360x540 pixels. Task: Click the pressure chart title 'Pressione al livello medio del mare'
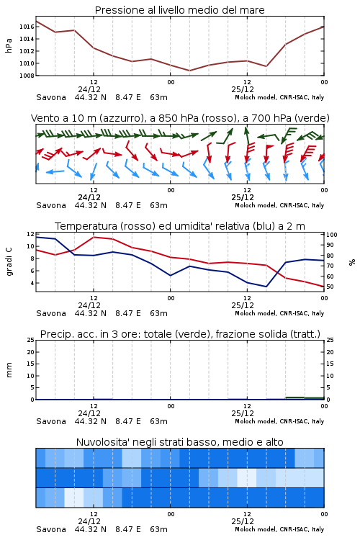click(179, 10)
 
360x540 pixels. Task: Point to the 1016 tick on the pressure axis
click(27, 27)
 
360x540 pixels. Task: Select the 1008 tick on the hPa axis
click(27, 76)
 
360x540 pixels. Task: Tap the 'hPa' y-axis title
click(9, 45)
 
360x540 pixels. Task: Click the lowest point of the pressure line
click(189, 71)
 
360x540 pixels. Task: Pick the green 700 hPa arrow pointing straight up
click(247, 135)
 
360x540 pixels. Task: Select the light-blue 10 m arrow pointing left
click(55, 171)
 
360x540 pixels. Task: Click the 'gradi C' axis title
click(9, 262)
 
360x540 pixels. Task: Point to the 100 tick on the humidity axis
click(332, 235)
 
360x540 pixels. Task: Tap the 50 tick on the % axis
click(330, 287)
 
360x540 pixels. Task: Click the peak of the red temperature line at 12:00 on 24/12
click(94, 237)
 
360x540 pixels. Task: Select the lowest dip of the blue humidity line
click(266, 287)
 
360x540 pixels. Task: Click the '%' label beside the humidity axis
click(352, 262)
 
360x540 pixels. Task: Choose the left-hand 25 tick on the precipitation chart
click(31, 341)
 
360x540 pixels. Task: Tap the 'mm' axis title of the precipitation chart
click(9, 370)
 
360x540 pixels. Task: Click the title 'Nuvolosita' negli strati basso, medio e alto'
click(179, 442)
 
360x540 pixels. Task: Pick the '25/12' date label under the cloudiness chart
click(243, 521)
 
